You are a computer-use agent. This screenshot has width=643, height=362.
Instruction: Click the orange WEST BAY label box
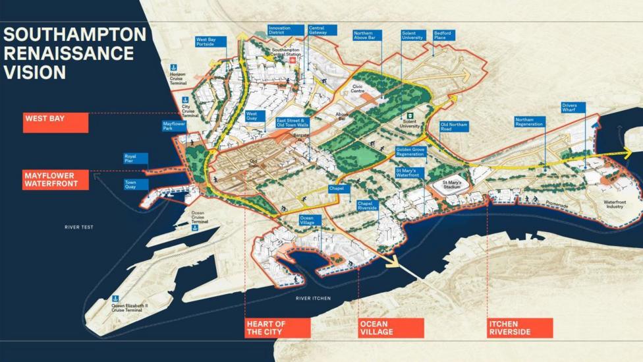click(55, 123)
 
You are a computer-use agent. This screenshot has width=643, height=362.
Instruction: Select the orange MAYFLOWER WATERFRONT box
click(55, 180)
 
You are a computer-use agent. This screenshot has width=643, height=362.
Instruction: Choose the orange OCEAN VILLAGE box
click(391, 328)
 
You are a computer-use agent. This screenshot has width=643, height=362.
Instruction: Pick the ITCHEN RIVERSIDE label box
click(519, 328)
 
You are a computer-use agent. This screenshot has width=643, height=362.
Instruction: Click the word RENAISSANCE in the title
click(69, 53)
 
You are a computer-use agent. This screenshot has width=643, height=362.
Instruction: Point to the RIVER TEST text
click(78, 227)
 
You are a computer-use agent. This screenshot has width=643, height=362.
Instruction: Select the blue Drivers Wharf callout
click(573, 107)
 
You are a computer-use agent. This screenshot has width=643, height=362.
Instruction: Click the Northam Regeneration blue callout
click(530, 121)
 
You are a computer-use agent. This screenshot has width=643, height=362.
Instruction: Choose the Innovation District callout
click(286, 30)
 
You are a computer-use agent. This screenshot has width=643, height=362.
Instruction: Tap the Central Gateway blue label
click(321, 30)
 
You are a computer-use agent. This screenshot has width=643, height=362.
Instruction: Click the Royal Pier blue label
click(135, 159)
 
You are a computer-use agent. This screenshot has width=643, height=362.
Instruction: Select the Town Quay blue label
click(135, 184)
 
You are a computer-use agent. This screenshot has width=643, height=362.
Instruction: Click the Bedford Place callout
click(443, 35)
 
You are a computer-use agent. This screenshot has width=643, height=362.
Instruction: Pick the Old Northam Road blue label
click(455, 126)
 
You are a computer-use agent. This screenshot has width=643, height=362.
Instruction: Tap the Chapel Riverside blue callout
click(367, 206)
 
